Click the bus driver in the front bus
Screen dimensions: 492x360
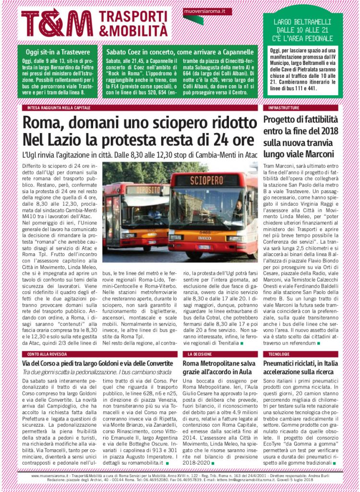click(x=239, y=209)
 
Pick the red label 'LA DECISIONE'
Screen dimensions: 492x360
click(x=197, y=354)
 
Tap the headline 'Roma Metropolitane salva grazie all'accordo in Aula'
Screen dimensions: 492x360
click(x=219, y=368)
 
